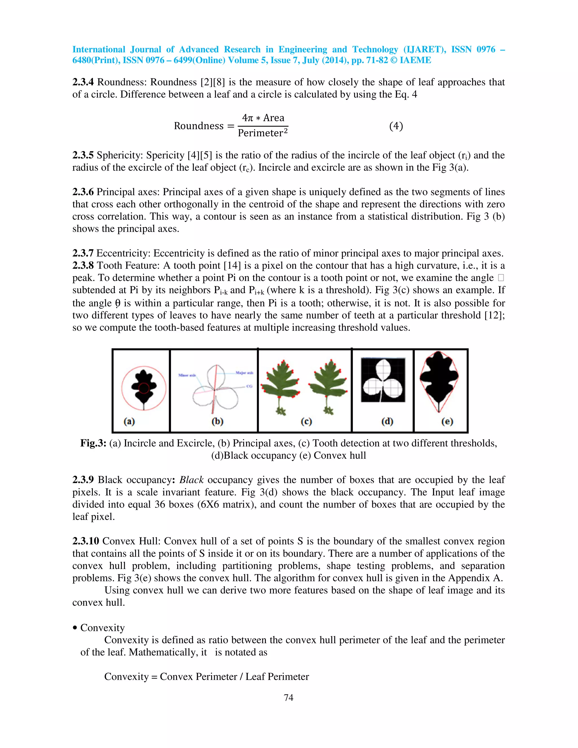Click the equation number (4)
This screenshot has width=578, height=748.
pos(396,126)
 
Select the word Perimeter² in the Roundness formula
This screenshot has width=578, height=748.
pos(263,133)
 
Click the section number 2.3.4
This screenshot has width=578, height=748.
pos(83,82)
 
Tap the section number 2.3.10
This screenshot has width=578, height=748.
pos(86,541)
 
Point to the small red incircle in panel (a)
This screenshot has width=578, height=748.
pos(144,388)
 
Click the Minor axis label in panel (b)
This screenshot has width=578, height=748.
pos(187,375)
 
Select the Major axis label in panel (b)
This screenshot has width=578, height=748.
pos(244,373)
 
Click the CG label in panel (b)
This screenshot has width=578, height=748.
pos(249,386)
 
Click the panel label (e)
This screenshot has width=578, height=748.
pos(447,421)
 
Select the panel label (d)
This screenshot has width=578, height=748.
pos(387,421)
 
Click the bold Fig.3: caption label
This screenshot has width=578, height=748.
pos(93,443)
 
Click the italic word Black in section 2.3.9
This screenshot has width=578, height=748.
pos(191,480)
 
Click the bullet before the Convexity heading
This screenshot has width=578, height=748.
pos(75,628)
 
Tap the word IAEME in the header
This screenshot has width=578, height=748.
pos(415,60)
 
